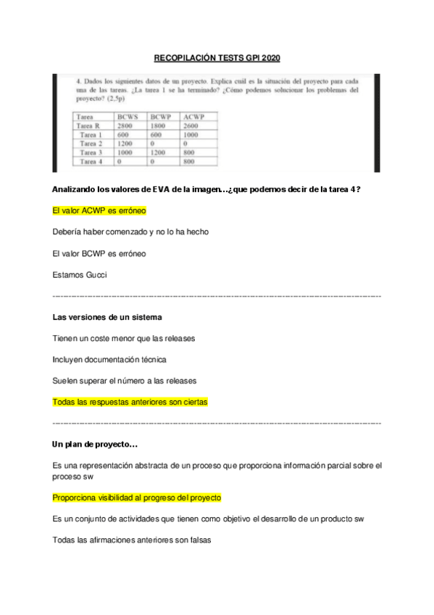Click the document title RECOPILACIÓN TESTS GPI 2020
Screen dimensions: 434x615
pos(217,58)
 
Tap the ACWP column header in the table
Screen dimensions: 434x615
pos(194,116)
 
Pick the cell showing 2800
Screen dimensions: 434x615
pos(124,125)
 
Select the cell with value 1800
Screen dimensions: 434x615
pos(158,125)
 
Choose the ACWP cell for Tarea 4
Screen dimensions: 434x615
pos(190,162)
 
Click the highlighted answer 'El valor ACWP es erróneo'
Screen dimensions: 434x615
pos(99,211)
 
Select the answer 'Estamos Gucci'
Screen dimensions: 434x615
pos(80,275)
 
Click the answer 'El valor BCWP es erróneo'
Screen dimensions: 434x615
pos(99,254)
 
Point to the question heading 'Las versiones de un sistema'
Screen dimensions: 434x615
pos(107,318)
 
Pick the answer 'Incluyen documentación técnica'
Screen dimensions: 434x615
pos(109,359)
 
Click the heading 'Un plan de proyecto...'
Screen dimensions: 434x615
pos(96,444)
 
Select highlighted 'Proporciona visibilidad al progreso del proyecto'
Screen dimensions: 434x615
pos(137,498)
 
